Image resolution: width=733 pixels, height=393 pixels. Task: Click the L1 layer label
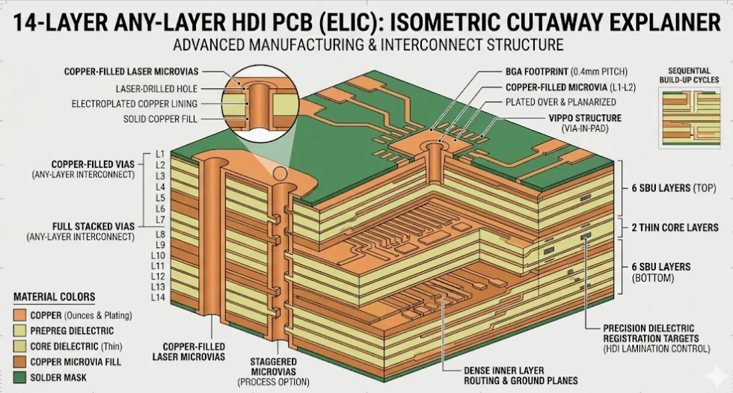(159, 153)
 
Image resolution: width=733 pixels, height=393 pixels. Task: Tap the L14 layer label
(158, 297)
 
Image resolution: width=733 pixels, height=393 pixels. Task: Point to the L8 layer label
(159, 234)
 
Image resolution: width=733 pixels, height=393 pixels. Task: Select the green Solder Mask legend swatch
(19, 377)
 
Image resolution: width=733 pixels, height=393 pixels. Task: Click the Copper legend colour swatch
(19, 315)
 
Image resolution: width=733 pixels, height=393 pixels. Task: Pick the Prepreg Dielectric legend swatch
(19, 331)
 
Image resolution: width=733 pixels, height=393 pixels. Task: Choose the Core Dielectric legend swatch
(19, 347)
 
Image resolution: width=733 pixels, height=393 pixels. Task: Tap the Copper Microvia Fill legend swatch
(19, 362)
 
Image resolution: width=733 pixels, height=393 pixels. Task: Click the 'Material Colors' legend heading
(54, 297)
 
